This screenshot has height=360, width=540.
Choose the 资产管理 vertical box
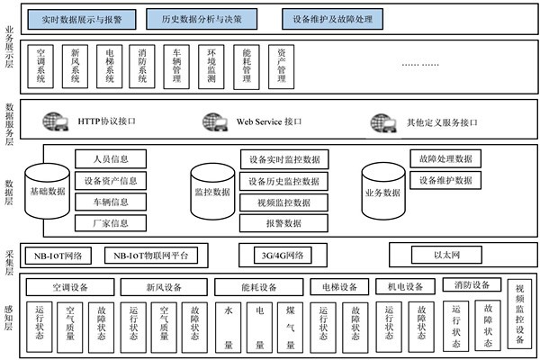pyautogui.click(x=281, y=67)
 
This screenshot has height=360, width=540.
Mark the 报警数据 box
pyautogui.click(x=283, y=222)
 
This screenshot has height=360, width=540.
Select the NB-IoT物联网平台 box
pyautogui.click(x=150, y=255)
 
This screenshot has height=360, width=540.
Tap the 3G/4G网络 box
pyautogui.click(x=282, y=255)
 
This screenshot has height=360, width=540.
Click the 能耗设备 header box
pyautogui.click(x=256, y=287)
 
